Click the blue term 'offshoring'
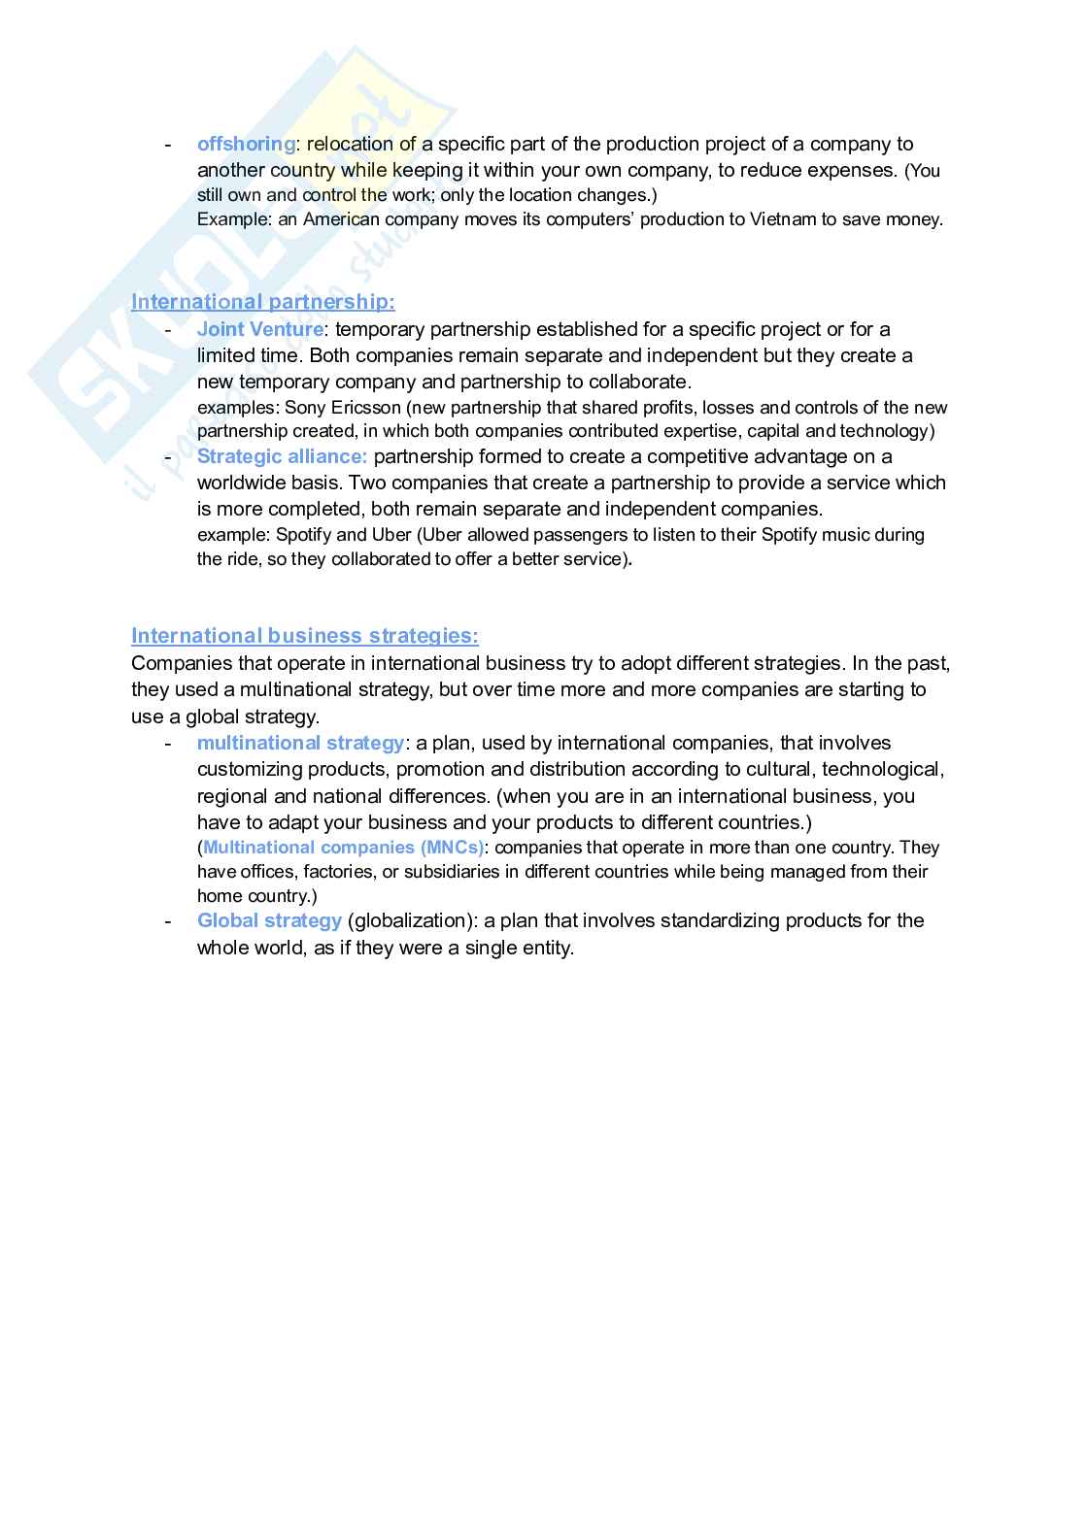(x=246, y=144)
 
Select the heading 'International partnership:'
(x=262, y=302)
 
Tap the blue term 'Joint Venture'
(x=259, y=329)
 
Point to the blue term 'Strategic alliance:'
(x=282, y=456)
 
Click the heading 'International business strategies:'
(x=304, y=636)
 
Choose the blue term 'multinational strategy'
(x=300, y=743)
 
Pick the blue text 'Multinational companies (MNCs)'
(x=343, y=848)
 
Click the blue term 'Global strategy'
(x=269, y=920)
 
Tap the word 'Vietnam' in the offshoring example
(x=783, y=219)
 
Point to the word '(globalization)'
(x=413, y=920)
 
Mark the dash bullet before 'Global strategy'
(x=168, y=920)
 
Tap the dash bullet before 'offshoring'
(x=168, y=144)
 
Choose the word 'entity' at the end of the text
(x=546, y=948)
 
